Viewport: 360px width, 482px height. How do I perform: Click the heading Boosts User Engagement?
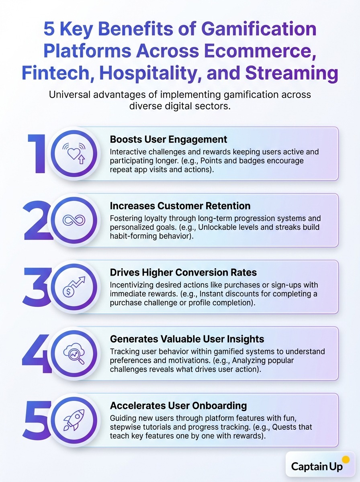(x=168, y=139)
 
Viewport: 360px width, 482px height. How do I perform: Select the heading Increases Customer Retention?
(x=180, y=206)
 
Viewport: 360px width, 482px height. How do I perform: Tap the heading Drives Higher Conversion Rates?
(x=183, y=272)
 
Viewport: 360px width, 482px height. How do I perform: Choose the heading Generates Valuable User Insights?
(x=187, y=339)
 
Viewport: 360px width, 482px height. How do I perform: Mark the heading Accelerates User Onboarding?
(x=178, y=405)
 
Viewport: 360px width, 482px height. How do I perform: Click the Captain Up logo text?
(x=317, y=466)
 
